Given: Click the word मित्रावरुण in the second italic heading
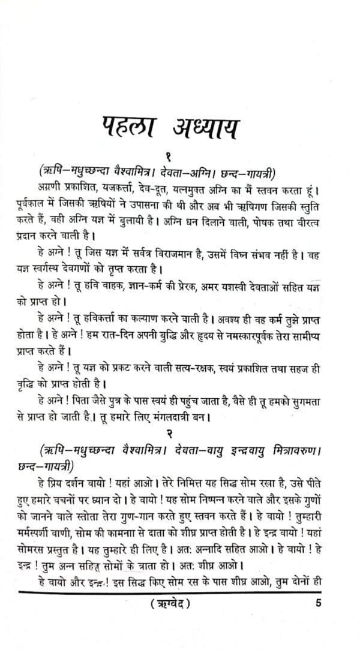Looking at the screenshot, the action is coord(293,447).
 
